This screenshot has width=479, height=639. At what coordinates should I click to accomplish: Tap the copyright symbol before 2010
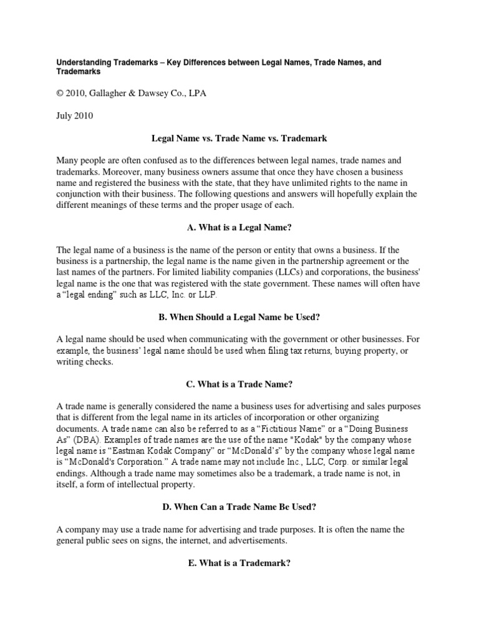pos(61,94)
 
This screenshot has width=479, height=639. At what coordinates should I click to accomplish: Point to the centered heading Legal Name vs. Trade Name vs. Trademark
pos(239,137)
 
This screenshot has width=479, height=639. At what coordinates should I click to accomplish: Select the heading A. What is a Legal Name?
pos(239,227)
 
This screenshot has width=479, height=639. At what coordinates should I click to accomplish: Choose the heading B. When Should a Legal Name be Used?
pos(239,317)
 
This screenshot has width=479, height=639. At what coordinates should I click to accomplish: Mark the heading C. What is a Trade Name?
pos(239,384)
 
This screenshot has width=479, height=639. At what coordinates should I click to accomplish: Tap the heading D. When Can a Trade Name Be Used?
pos(239,507)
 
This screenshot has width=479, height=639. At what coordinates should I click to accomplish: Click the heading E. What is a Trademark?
pos(239,563)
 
